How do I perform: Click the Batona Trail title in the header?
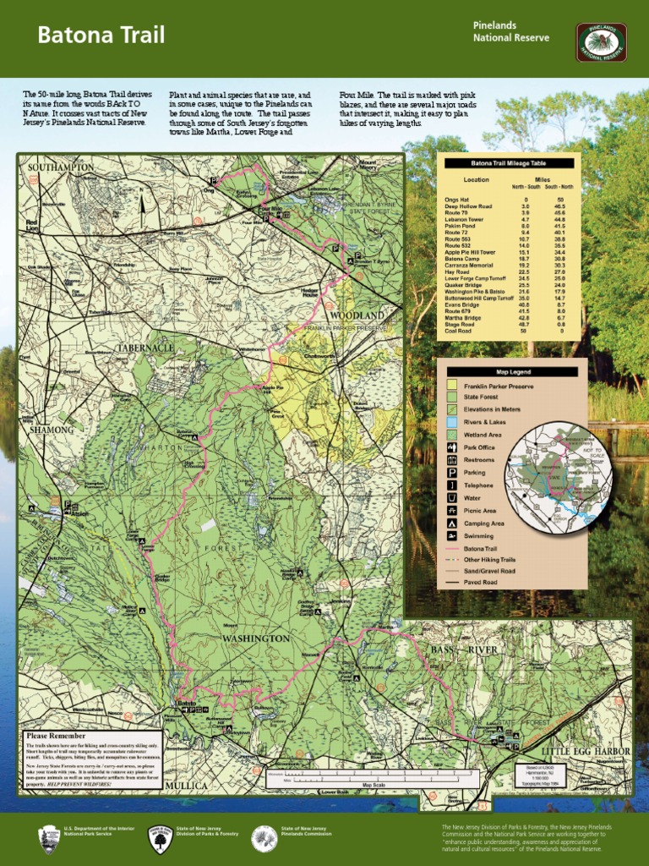click(101, 36)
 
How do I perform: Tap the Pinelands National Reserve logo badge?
click(601, 42)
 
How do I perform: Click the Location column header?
click(476, 179)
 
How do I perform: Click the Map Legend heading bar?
click(512, 371)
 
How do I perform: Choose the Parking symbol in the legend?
click(452, 473)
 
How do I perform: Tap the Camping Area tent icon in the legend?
click(452, 523)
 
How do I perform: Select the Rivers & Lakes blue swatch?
click(452, 422)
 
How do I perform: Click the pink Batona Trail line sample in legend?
click(452, 550)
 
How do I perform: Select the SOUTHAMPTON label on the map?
click(61, 168)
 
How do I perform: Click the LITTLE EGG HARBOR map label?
click(586, 751)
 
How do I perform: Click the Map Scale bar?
click(372, 779)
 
